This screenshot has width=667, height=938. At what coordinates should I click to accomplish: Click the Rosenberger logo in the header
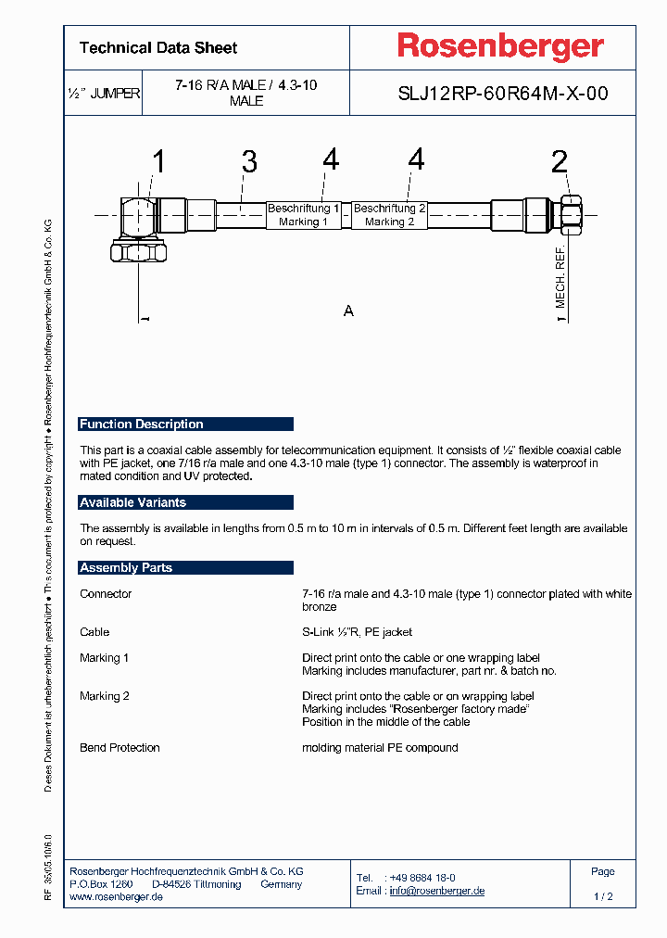[500, 46]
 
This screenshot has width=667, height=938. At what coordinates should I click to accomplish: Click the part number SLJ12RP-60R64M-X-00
[503, 94]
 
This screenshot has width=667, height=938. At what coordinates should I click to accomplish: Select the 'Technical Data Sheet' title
[158, 48]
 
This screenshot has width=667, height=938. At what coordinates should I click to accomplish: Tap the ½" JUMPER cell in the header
[104, 94]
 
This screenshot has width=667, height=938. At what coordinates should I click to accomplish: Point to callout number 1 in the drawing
[158, 162]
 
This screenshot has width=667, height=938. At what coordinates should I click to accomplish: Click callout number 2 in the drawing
[560, 162]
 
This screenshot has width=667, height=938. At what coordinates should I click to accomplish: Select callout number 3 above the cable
[248, 162]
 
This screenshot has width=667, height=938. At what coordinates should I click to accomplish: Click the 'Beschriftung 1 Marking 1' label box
[303, 215]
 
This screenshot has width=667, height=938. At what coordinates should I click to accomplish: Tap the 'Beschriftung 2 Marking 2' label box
[389, 215]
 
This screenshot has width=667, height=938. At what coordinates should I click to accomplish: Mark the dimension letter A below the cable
[348, 311]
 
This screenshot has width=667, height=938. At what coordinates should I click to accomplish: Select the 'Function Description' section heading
[142, 425]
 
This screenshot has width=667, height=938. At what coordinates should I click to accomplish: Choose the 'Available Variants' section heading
[133, 502]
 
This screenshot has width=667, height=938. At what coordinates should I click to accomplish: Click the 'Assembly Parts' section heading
[126, 567]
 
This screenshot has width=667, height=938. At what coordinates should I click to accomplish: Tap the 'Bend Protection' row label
[120, 747]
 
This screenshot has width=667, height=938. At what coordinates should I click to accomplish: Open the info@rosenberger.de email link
[436, 891]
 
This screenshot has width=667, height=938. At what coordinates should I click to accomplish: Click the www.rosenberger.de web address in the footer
[117, 897]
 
